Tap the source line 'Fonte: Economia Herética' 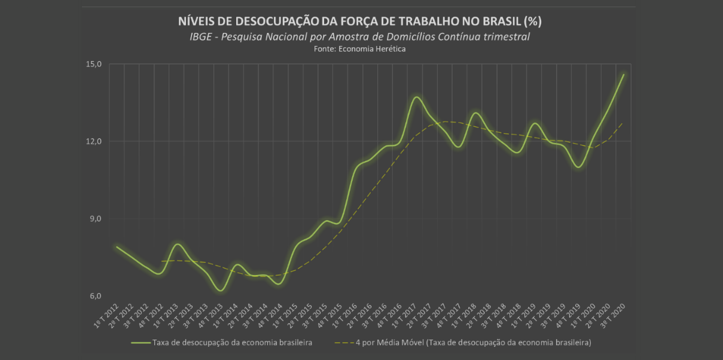point(359,49)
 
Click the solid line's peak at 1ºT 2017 point(417,97)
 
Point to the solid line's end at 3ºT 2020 point(624,74)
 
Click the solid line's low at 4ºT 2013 point(221,291)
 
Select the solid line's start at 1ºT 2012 point(117,247)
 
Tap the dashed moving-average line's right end point(624,123)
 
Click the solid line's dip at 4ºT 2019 point(578,167)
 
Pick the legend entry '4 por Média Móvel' point(472,343)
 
